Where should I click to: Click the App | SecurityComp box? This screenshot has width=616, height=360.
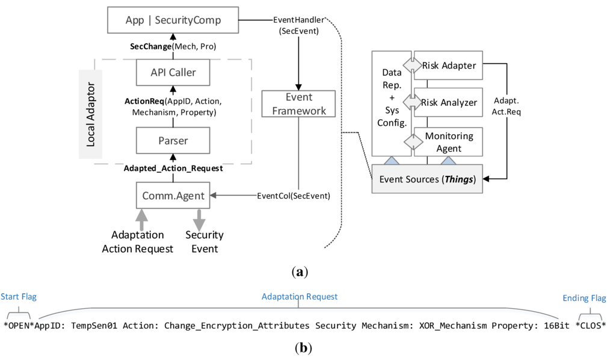[x=173, y=20]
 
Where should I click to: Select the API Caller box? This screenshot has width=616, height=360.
[x=173, y=73]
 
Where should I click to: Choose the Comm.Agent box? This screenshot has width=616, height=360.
[x=173, y=195]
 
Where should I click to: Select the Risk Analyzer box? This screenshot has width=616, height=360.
[x=448, y=103]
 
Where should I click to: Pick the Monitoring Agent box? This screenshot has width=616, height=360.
[x=448, y=143]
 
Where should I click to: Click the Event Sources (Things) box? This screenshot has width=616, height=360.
[x=427, y=178]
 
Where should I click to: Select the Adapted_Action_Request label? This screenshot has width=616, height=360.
[x=173, y=169]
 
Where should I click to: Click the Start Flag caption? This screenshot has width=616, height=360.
[x=17, y=297]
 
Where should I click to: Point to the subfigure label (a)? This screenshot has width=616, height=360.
[x=298, y=273]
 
